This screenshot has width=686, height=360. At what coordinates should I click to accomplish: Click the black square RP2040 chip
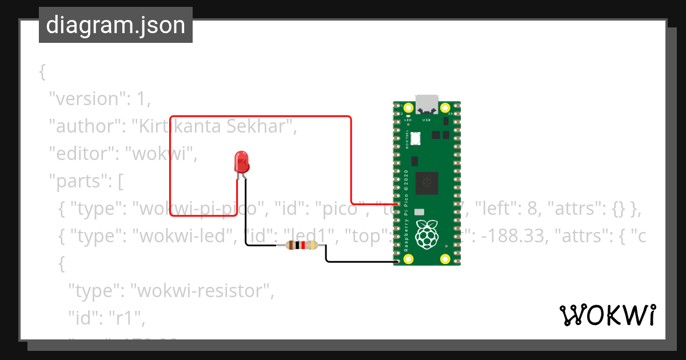pyautogui.click(x=426, y=182)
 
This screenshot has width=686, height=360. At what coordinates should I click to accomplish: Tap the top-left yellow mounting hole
pyautogui.click(x=408, y=108)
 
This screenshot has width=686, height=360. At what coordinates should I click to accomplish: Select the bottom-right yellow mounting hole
pyautogui.click(x=445, y=259)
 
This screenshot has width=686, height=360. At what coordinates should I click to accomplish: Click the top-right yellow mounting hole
pyautogui.click(x=445, y=108)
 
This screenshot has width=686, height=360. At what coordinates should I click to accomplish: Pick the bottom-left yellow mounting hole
pyautogui.click(x=408, y=259)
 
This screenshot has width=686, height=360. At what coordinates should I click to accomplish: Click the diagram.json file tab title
pyautogui.click(x=115, y=25)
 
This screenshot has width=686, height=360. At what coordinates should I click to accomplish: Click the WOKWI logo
pyautogui.click(x=607, y=315)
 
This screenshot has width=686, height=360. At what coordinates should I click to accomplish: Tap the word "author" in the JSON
pyautogui.click(x=83, y=126)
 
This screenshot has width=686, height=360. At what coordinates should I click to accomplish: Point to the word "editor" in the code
pyautogui.click(x=81, y=154)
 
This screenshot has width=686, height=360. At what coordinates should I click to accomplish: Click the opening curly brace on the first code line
pyautogui.click(x=42, y=71)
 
